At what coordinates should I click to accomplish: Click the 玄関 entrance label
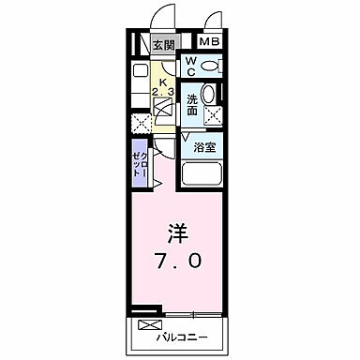pos(164,44)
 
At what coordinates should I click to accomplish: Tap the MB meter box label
pos(208,43)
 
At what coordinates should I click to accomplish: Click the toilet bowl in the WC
pos(211,67)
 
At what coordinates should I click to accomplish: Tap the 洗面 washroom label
pos(191,104)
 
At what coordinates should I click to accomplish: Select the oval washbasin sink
pos(211,96)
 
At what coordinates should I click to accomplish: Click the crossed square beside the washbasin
pos(212,116)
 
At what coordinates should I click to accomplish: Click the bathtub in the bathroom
pos(201,174)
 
